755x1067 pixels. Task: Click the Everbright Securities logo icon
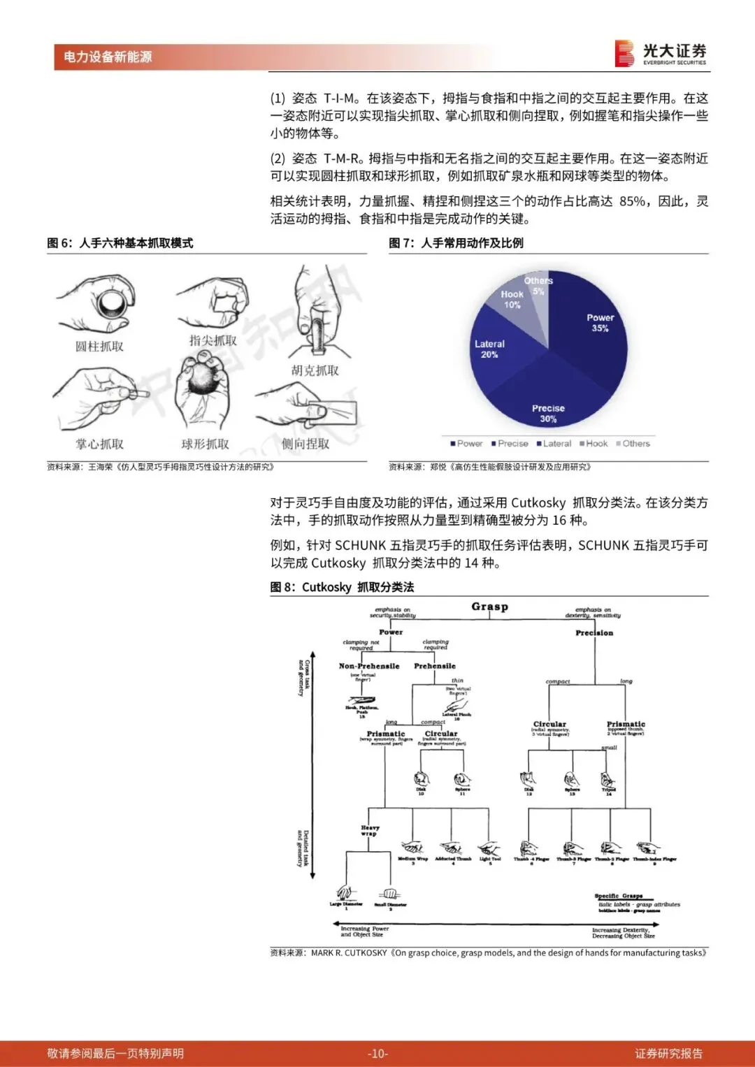click(x=624, y=54)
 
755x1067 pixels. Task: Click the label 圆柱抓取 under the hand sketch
click(x=99, y=347)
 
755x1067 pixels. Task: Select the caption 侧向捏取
click(x=305, y=444)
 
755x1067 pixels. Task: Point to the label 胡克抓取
click(x=315, y=370)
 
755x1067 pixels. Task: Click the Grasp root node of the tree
click(x=489, y=607)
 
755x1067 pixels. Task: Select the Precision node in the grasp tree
click(x=594, y=633)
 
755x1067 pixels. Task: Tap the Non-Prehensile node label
click(x=369, y=667)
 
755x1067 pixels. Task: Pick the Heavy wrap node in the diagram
click(x=369, y=830)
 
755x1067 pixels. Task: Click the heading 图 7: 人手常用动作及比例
click(x=456, y=243)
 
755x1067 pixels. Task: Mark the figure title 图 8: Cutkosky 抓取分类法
click(x=342, y=587)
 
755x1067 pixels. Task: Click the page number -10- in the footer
click(x=377, y=1054)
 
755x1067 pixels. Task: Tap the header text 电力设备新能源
click(x=108, y=57)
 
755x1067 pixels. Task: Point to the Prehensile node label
click(x=435, y=667)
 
